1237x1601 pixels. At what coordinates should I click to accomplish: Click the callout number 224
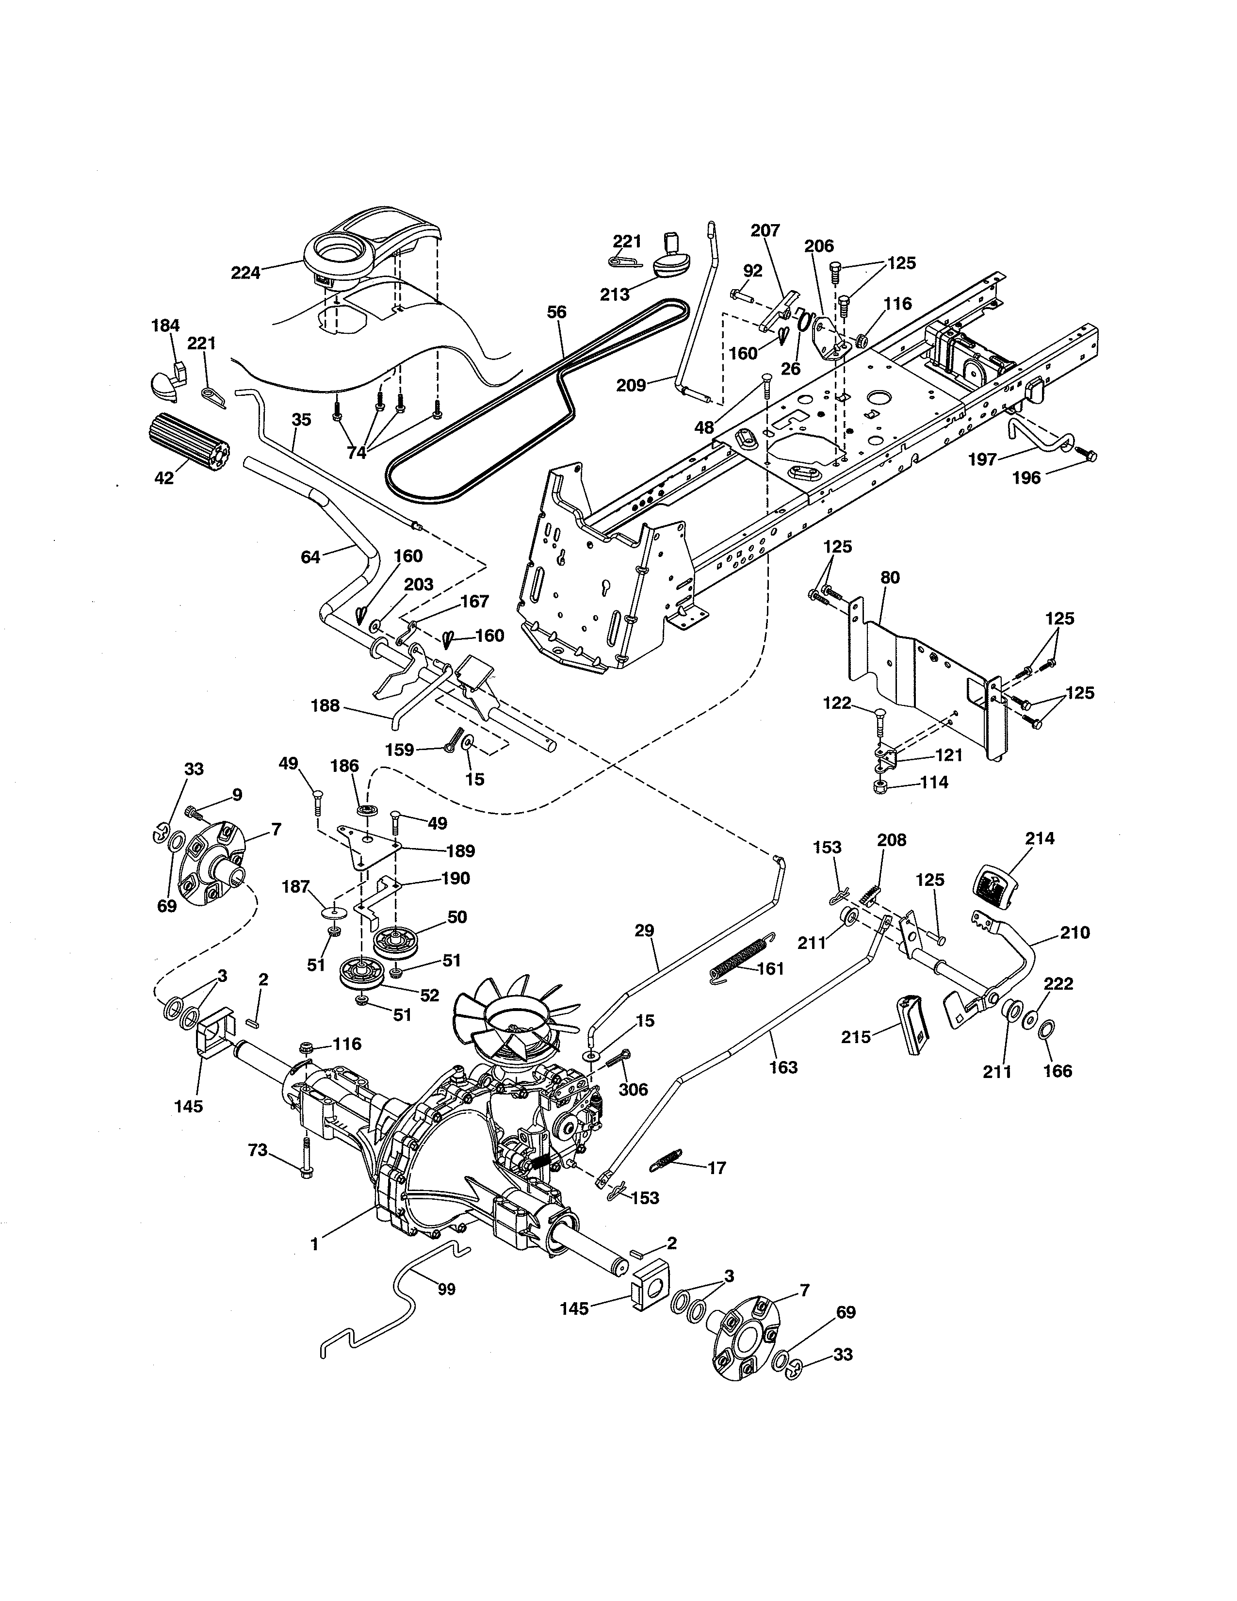tap(245, 273)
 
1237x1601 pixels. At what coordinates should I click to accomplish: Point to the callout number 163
tap(783, 1067)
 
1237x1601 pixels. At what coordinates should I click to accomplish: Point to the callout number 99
tap(446, 1290)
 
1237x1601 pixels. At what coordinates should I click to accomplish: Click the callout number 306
tap(633, 1089)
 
